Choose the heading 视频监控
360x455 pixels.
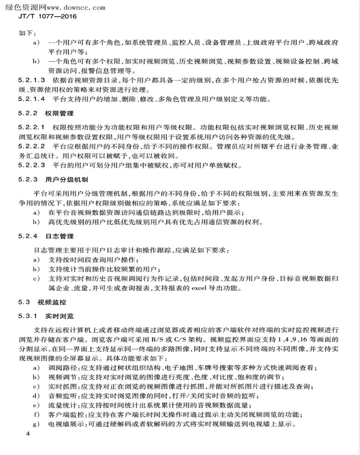(52, 302)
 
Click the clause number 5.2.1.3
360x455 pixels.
(32, 80)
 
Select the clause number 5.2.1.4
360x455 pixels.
(32, 99)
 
